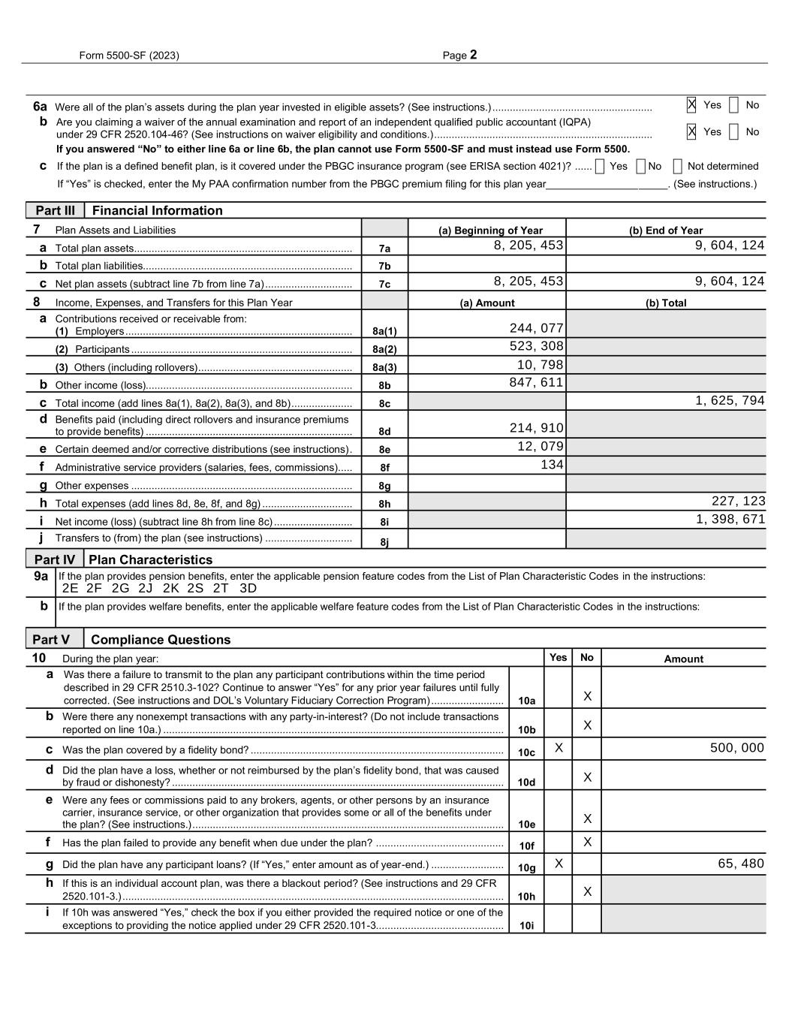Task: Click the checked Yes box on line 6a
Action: point(691,105)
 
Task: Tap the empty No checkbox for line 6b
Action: point(733,132)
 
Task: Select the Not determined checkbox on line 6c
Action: point(677,167)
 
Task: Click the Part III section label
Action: point(55,211)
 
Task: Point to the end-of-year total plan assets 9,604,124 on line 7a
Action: point(730,246)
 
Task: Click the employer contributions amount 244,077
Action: point(536,328)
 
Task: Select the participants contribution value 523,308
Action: point(536,346)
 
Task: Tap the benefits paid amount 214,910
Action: point(536,428)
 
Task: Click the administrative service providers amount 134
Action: point(552,465)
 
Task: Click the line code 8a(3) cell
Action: point(384,367)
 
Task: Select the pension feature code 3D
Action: point(248,589)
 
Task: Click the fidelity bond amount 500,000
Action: point(736,748)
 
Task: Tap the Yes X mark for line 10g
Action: point(559,864)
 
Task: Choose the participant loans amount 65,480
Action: point(740,864)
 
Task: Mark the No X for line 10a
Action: point(587,697)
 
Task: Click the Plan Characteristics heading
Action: point(150,560)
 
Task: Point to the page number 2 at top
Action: point(473,55)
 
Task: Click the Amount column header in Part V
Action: point(683,659)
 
